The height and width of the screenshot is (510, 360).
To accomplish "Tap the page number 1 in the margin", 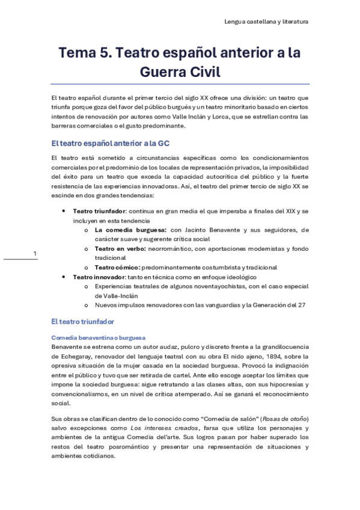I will (x=35, y=253).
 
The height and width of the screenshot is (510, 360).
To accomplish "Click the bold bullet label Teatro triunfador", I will (x=99, y=212).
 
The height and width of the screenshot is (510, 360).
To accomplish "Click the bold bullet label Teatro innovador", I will (x=97, y=276).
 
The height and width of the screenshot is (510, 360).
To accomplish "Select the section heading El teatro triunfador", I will (x=82, y=322).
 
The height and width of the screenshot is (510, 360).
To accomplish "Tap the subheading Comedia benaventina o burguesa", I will (x=99, y=337).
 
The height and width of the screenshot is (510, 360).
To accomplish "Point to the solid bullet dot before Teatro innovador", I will (x=64, y=276).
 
